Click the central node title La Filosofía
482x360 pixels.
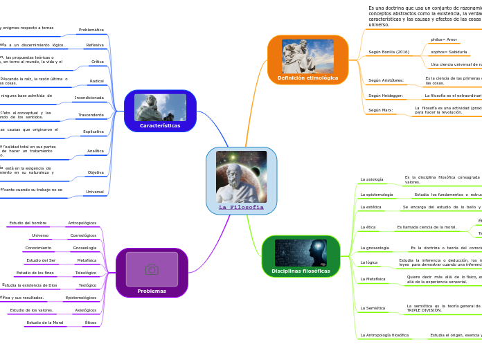241,207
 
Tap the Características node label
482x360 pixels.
160,125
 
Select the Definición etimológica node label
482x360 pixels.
307,78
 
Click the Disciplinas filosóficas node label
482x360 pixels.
301,271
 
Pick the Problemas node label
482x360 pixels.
152,291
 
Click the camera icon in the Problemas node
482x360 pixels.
152,269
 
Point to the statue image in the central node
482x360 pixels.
241,177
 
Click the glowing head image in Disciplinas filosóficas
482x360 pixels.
301,253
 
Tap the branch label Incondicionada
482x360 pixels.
89,98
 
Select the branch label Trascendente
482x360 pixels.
90,115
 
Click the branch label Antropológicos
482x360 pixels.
82,223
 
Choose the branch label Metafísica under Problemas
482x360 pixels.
87,260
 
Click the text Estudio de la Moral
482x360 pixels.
45,323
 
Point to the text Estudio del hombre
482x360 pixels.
28,223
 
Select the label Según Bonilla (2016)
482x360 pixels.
389,52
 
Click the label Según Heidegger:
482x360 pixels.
386,96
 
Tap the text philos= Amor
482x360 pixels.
444,39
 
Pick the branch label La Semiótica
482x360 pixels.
373,308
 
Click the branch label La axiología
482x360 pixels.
372,179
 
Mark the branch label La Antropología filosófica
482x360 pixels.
384,335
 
